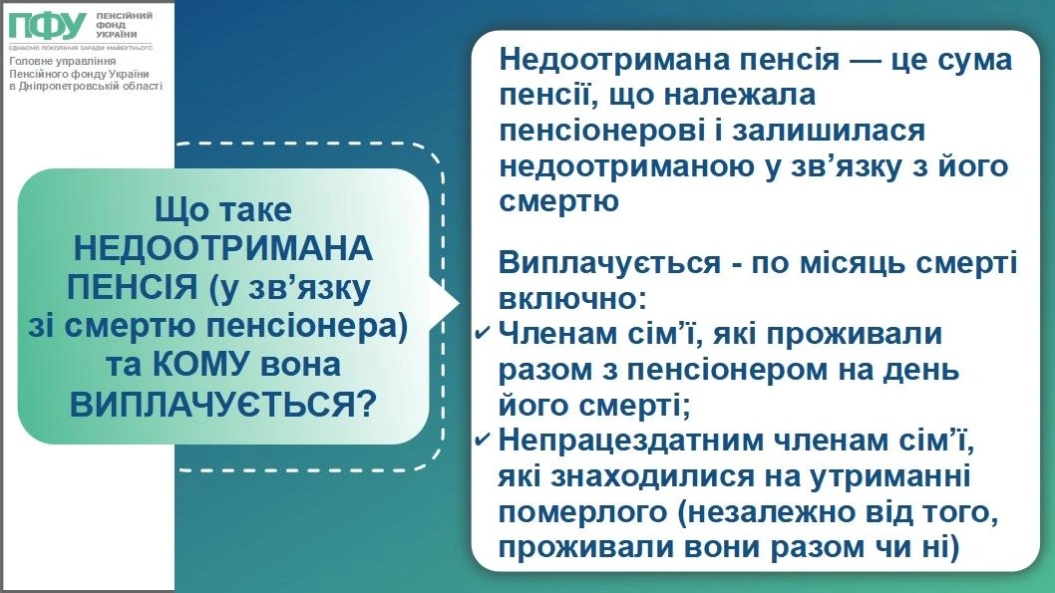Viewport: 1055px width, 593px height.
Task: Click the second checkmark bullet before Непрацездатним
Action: tap(483, 440)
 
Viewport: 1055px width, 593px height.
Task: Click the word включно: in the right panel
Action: tap(572, 298)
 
